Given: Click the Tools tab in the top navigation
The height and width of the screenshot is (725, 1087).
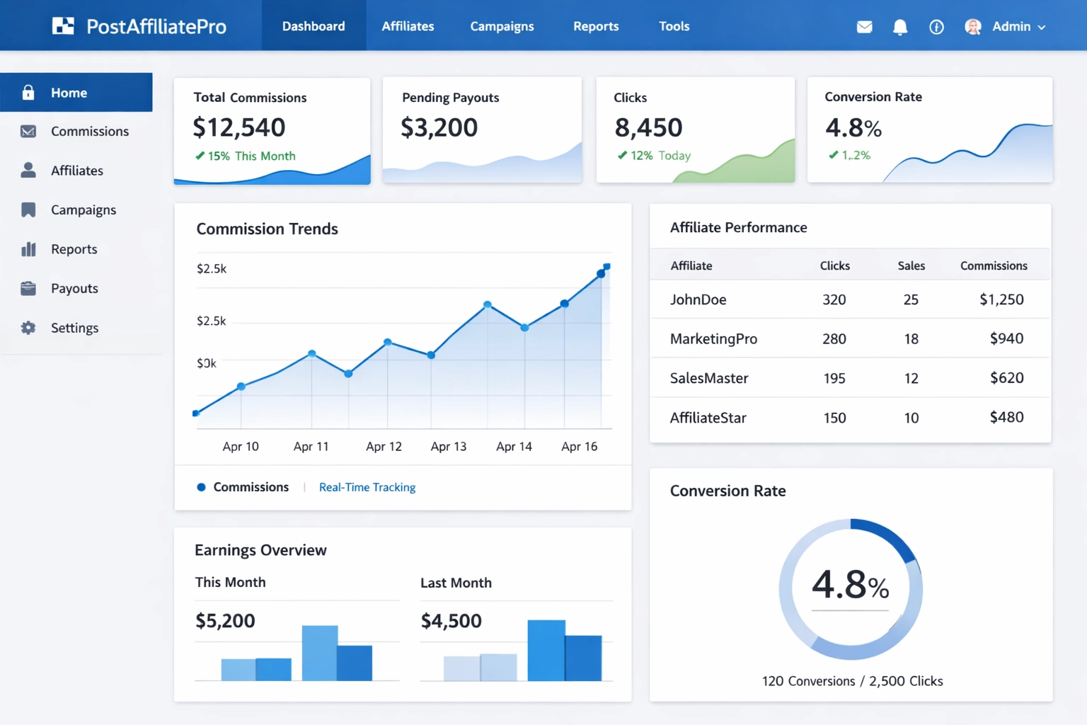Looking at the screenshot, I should [674, 26].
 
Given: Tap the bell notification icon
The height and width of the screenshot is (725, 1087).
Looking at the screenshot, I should [899, 27].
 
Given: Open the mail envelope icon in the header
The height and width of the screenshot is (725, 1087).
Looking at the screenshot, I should [864, 27].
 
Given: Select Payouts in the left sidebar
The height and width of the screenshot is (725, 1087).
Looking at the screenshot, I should [74, 288].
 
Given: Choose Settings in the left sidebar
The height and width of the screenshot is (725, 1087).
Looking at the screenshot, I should [74, 328].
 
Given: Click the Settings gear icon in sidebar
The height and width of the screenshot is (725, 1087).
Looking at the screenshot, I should [28, 328].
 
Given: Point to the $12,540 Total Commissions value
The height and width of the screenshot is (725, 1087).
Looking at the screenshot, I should [239, 127].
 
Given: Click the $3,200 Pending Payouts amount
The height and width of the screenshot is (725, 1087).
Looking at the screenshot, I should [439, 127].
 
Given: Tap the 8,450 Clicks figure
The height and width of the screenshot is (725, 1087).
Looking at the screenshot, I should [648, 127].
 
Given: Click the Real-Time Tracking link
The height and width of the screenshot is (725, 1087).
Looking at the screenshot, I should [367, 487].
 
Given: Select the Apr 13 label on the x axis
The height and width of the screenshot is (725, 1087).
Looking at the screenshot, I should [449, 447].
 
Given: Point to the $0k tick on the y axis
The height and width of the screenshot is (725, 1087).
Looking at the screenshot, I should [207, 363].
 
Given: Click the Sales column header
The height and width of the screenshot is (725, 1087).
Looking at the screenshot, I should [911, 266].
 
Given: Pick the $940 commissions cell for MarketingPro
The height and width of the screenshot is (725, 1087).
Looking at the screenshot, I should [1006, 338].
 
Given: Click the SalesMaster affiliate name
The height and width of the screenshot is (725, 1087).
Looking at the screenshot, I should [708, 378].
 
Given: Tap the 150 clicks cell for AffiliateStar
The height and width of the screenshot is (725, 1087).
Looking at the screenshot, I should [834, 418].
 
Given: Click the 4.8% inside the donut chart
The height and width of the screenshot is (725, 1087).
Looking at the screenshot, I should [850, 585].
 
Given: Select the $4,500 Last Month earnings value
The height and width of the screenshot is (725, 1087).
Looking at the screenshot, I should [451, 621].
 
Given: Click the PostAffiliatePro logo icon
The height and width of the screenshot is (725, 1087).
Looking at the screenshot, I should [63, 26].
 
